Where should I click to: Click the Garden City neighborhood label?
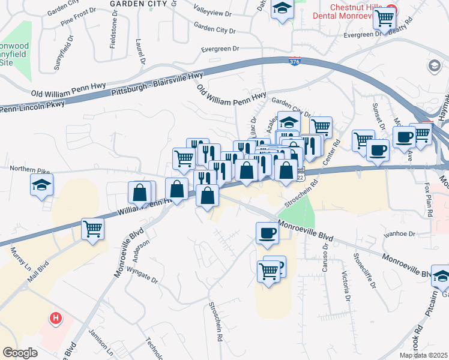[139, 3]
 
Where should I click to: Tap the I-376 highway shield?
[294, 62]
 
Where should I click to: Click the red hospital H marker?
[55, 317]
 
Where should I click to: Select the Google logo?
[20, 353]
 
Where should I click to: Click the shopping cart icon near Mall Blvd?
[92, 229]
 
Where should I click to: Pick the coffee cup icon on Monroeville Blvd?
[267, 233]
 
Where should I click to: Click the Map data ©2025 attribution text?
[424, 355]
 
